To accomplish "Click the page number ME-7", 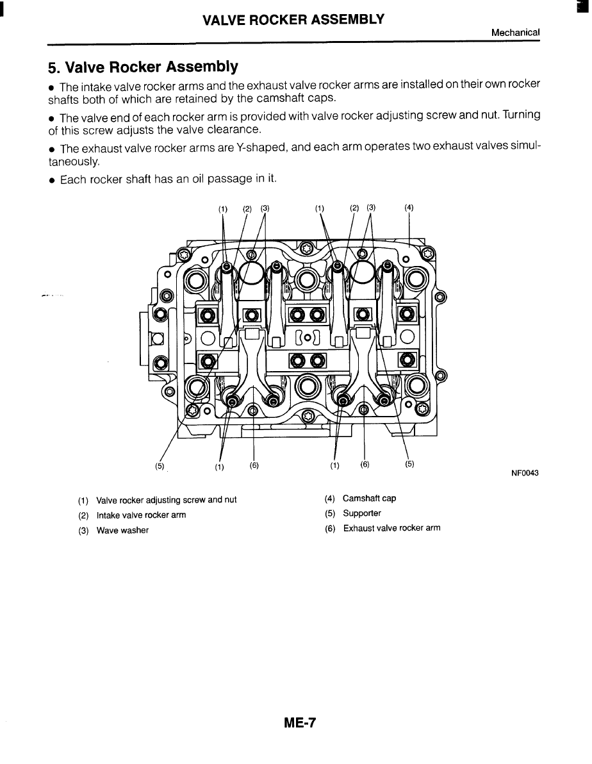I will (300, 724).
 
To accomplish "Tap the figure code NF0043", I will (525, 473).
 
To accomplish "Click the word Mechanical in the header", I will (516, 32).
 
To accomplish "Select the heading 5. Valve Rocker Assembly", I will (144, 67).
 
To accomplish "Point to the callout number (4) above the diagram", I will (409, 207).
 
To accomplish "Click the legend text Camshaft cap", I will (370, 498).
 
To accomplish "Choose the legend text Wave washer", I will (122, 530).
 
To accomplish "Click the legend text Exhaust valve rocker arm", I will (391, 528).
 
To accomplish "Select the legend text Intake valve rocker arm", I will (141, 515).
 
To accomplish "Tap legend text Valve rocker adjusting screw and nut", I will (166, 500).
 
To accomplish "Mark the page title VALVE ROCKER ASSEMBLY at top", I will (293, 19).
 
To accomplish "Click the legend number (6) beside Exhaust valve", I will (331, 529).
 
